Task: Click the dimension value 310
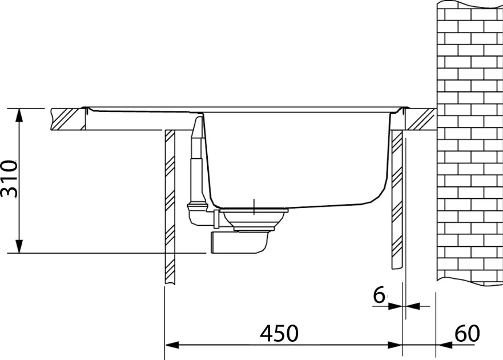(9, 178)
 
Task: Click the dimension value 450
(279, 333)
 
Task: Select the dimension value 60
(468, 333)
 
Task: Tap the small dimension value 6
(379, 294)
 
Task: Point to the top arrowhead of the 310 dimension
(19, 115)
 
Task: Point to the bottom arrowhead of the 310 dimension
(19, 246)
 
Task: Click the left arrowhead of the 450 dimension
(172, 345)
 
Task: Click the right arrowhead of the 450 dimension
(395, 345)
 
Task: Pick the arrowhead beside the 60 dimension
(444, 345)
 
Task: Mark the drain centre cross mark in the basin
(253, 206)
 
